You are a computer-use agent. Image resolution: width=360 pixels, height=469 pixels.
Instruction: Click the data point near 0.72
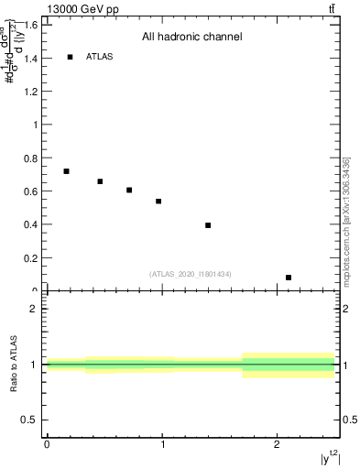coord(66,171)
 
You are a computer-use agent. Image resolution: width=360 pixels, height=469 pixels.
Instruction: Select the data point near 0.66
coord(100,181)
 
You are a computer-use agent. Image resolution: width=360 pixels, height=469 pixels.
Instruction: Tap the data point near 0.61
coord(129,190)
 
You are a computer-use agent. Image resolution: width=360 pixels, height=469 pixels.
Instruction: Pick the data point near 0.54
coord(158,202)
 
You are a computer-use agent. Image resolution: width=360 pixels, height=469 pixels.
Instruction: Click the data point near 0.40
coord(208,225)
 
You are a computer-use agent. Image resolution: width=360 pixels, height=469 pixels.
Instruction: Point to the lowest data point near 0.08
coord(289,278)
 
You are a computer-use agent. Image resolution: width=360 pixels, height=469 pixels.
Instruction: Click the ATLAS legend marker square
coord(70,57)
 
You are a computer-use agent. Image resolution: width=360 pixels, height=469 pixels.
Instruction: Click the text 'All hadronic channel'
coord(191,38)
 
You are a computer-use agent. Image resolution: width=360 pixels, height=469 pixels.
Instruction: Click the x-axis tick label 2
coord(278,444)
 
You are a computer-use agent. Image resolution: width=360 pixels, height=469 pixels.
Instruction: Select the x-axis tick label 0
coord(47,444)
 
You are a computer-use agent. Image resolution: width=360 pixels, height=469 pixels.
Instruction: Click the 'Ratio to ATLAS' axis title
coord(13,364)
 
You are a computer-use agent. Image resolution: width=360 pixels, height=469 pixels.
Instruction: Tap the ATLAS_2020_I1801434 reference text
coord(191,274)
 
